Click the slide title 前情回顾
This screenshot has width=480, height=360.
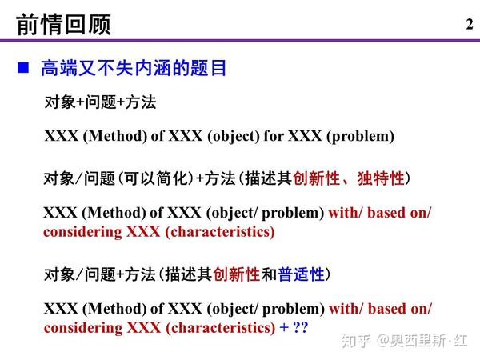pyautogui.click(x=63, y=25)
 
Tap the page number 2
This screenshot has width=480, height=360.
pyautogui.click(x=470, y=24)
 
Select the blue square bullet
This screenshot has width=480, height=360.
pyautogui.click(x=23, y=68)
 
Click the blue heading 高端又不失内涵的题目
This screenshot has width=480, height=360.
pyautogui.click(x=134, y=68)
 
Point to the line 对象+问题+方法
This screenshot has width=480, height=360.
pyautogui.click(x=100, y=102)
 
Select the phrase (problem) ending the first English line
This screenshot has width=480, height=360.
pyautogui.click(x=360, y=137)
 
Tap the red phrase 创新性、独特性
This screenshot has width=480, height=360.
pyautogui.click(x=349, y=178)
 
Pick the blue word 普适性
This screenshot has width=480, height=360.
pyautogui.click(x=301, y=274)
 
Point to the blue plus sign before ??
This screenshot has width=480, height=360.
pyautogui.click(x=284, y=327)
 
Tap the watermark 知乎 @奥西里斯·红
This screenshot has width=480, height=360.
pyautogui.click(x=404, y=341)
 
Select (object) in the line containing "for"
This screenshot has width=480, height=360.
pyautogui.click(x=234, y=137)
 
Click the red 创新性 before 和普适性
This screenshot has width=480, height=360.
pyautogui.click(x=237, y=274)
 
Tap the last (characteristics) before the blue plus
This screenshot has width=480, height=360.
pyautogui.click(x=221, y=328)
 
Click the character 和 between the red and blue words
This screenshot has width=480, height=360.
pyautogui.click(x=269, y=274)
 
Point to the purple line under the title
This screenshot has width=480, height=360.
pyautogui.click(x=240, y=41)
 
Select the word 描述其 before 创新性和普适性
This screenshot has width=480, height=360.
pyautogui.click(x=189, y=274)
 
